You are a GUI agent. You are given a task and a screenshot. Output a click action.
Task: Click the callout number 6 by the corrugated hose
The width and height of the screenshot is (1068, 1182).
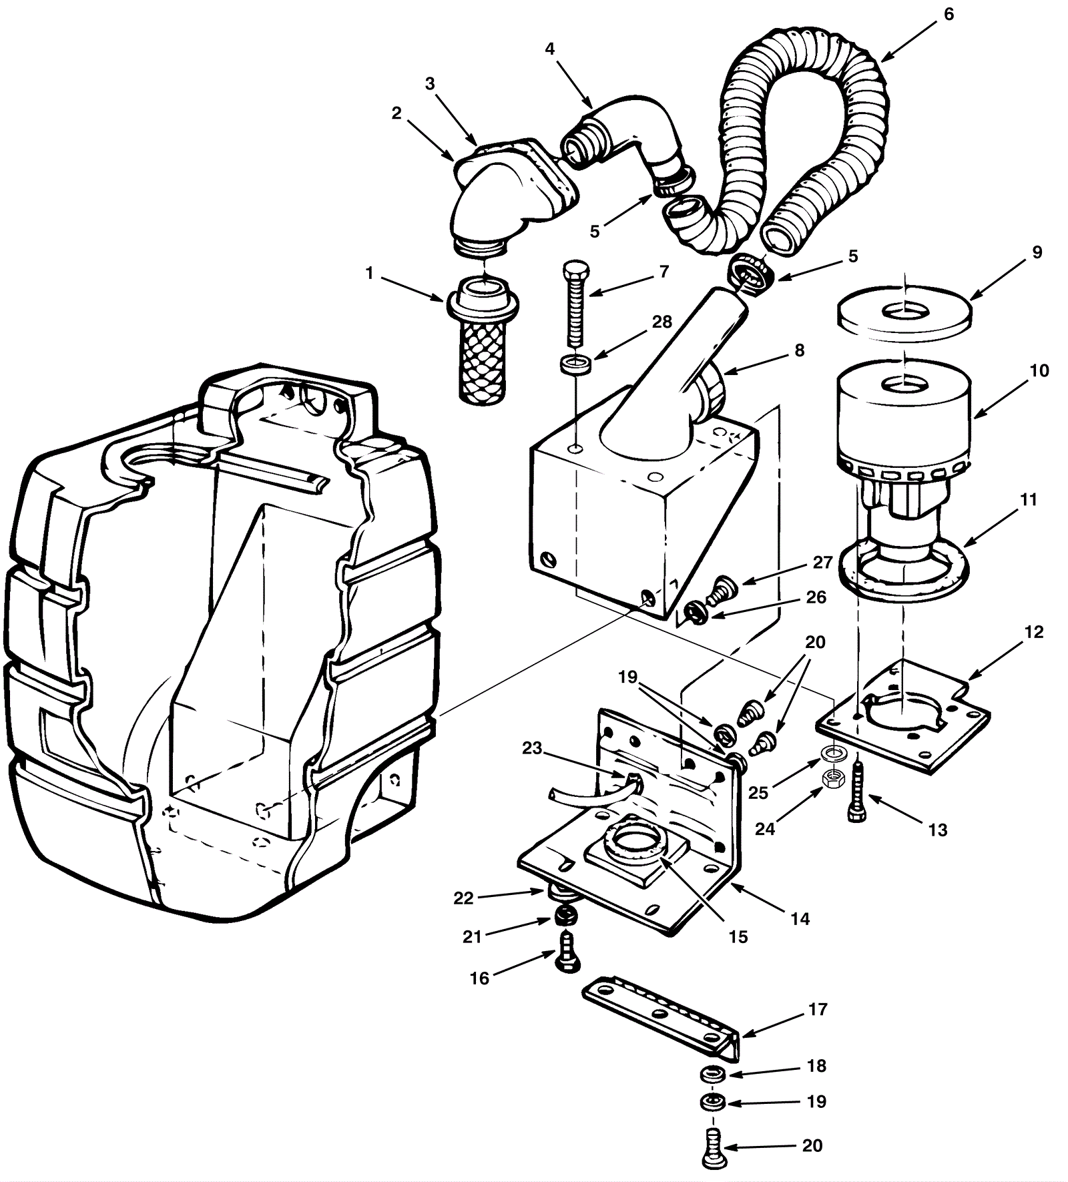pyautogui.click(x=949, y=14)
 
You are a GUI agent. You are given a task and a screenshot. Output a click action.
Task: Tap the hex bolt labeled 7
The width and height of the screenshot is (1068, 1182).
pyautogui.click(x=576, y=304)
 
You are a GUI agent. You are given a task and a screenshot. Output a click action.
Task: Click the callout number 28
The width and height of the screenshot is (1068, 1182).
pyautogui.click(x=661, y=322)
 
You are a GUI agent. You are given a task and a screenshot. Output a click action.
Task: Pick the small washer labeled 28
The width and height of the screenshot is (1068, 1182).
pyautogui.click(x=576, y=366)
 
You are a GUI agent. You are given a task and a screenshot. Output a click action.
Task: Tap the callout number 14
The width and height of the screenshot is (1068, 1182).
pyautogui.click(x=800, y=919)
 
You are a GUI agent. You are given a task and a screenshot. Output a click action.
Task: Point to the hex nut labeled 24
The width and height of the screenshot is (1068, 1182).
pyautogui.click(x=832, y=777)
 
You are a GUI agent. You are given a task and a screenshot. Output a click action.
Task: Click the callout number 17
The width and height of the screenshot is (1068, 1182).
pyautogui.click(x=818, y=1009)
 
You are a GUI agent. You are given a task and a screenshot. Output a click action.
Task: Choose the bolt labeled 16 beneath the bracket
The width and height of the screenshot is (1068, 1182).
pyautogui.click(x=566, y=952)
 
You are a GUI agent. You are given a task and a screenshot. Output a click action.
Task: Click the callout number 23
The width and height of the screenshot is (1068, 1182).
pyautogui.click(x=532, y=748)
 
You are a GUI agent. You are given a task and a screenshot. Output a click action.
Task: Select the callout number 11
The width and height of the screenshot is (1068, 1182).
pyautogui.click(x=1029, y=499)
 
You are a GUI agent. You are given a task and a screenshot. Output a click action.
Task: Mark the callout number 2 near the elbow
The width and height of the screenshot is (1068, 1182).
pyautogui.click(x=396, y=113)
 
